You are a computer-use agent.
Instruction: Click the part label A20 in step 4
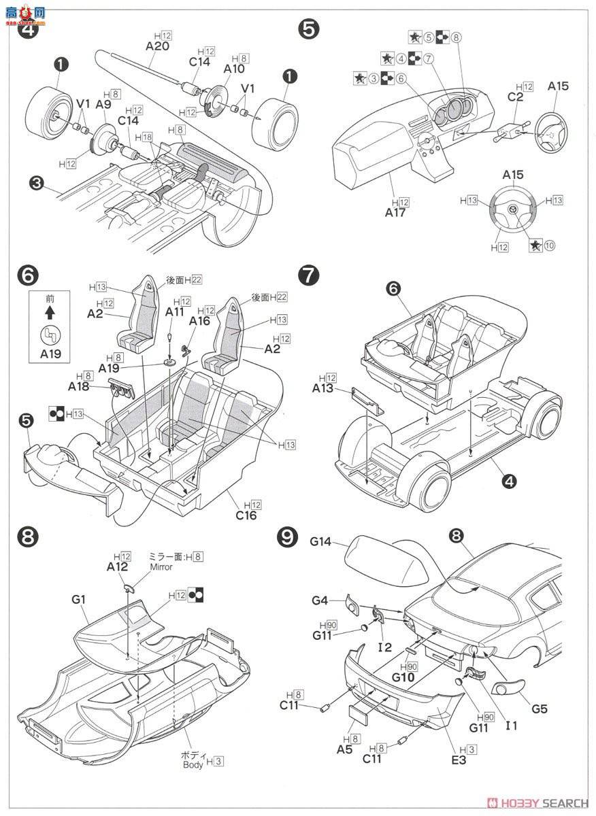[156, 46]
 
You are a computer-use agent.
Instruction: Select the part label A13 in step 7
[323, 388]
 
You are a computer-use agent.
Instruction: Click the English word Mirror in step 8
[157, 566]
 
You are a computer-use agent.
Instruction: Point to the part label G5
[540, 709]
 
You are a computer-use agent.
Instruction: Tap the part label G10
[413, 678]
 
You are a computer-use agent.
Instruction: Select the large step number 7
[308, 275]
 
